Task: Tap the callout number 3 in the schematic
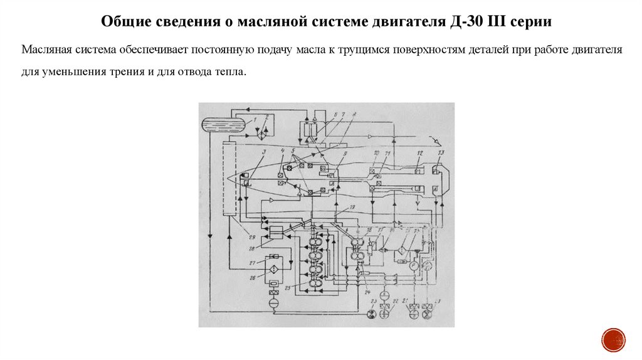point(264,152)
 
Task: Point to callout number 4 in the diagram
point(283,151)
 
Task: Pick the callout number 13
point(441,153)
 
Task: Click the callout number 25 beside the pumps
point(288,288)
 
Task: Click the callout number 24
point(367,292)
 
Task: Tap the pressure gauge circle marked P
point(413,265)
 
